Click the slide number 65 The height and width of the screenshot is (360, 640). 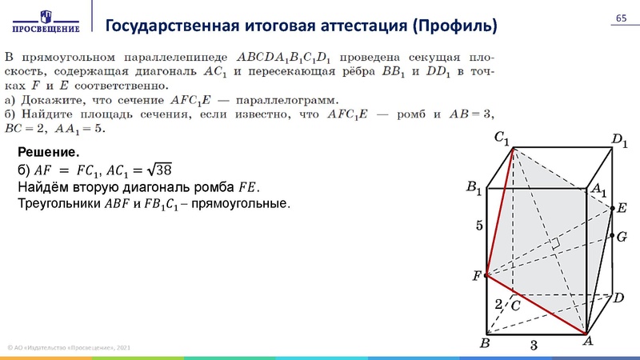click(620, 19)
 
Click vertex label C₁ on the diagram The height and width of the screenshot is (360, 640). click(502, 138)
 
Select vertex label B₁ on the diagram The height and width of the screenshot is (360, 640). click(474, 189)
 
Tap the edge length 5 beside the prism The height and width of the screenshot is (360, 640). click(479, 226)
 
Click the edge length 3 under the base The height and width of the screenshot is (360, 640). click(534, 344)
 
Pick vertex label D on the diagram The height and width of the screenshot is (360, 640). click(618, 298)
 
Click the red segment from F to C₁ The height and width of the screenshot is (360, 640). click(499, 212)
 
